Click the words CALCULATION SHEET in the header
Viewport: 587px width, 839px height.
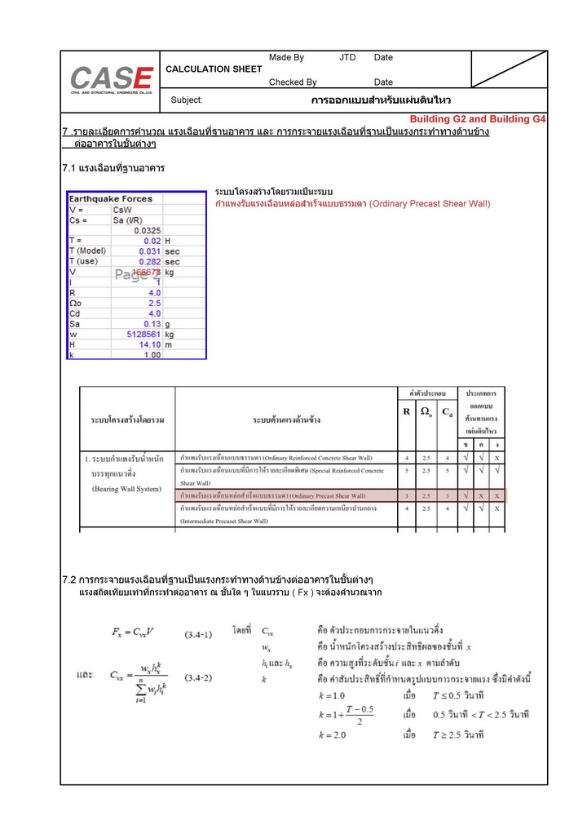tap(214, 69)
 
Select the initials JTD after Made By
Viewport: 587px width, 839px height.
tap(347, 58)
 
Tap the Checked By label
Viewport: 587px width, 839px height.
tap(293, 82)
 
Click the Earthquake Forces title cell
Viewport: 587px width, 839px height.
tap(110, 198)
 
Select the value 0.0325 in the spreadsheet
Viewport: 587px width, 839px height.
tap(147, 230)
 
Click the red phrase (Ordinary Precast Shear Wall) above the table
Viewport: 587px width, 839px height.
tap(430, 203)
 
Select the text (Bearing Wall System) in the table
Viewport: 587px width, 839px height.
tap(126, 489)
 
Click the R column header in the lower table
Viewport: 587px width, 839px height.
tap(406, 412)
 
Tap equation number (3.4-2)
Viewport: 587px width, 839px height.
tap(198, 677)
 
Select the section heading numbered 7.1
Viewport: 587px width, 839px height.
tap(113, 168)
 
